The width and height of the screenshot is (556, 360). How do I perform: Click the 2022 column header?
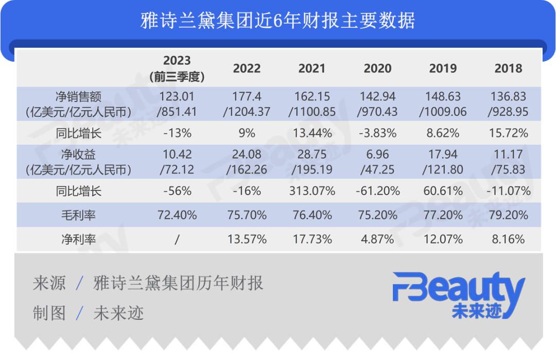click(x=247, y=68)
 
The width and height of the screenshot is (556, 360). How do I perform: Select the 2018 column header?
click(x=508, y=68)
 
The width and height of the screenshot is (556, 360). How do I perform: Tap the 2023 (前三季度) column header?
click(x=177, y=68)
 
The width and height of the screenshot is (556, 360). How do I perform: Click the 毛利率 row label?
click(x=78, y=215)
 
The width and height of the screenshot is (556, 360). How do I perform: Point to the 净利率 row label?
click(x=78, y=239)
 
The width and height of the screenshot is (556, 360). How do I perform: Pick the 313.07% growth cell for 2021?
click(x=312, y=191)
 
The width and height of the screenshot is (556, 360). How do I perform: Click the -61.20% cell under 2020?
click(x=377, y=191)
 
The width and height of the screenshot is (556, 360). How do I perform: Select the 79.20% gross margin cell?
click(x=508, y=215)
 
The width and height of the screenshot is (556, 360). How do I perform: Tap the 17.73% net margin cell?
click(x=312, y=239)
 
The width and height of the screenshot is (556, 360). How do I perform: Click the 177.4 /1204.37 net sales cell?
click(x=247, y=104)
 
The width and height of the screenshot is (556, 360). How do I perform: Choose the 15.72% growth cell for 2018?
click(x=508, y=133)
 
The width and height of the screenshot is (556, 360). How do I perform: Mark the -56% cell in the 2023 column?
click(x=177, y=191)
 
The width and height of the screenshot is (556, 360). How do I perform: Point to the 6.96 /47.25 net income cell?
click(x=377, y=162)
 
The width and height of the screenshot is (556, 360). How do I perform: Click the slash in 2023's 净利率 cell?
click(x=177, y=239)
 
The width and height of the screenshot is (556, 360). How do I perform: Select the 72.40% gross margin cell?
click(x=177, y=215)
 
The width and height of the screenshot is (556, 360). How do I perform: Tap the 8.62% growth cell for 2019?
click(x=443, y=133)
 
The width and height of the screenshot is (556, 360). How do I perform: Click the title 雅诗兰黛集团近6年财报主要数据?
click(x=277, y=21)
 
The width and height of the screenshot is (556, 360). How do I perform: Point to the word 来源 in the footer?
click(x=49, y=283)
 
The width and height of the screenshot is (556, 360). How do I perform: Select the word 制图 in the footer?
click(x=49, y=313)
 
